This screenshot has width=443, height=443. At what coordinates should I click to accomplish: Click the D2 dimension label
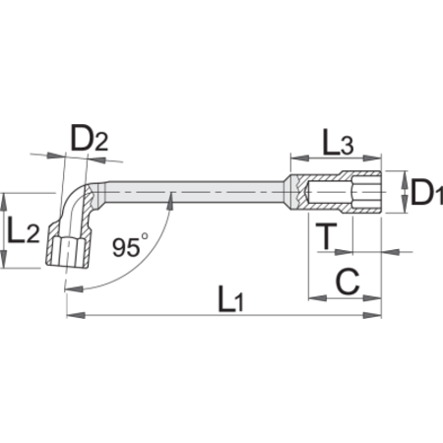pos(90,138)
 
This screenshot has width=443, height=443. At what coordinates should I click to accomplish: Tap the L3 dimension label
pos(338,142)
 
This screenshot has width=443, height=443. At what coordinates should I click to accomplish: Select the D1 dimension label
pos(426,193)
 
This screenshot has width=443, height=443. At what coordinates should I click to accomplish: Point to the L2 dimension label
pos(24,230)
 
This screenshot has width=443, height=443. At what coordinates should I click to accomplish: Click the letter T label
pos(326,236)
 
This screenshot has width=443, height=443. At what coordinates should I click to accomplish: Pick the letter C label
pos(348,282)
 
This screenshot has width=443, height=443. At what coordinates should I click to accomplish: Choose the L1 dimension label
pos(231,298)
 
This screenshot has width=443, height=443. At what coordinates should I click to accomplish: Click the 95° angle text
pos(130,245)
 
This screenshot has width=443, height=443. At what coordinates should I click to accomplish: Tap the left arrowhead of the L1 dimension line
pos(76,315)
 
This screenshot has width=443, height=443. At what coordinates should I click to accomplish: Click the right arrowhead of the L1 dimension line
pos(372,315)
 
